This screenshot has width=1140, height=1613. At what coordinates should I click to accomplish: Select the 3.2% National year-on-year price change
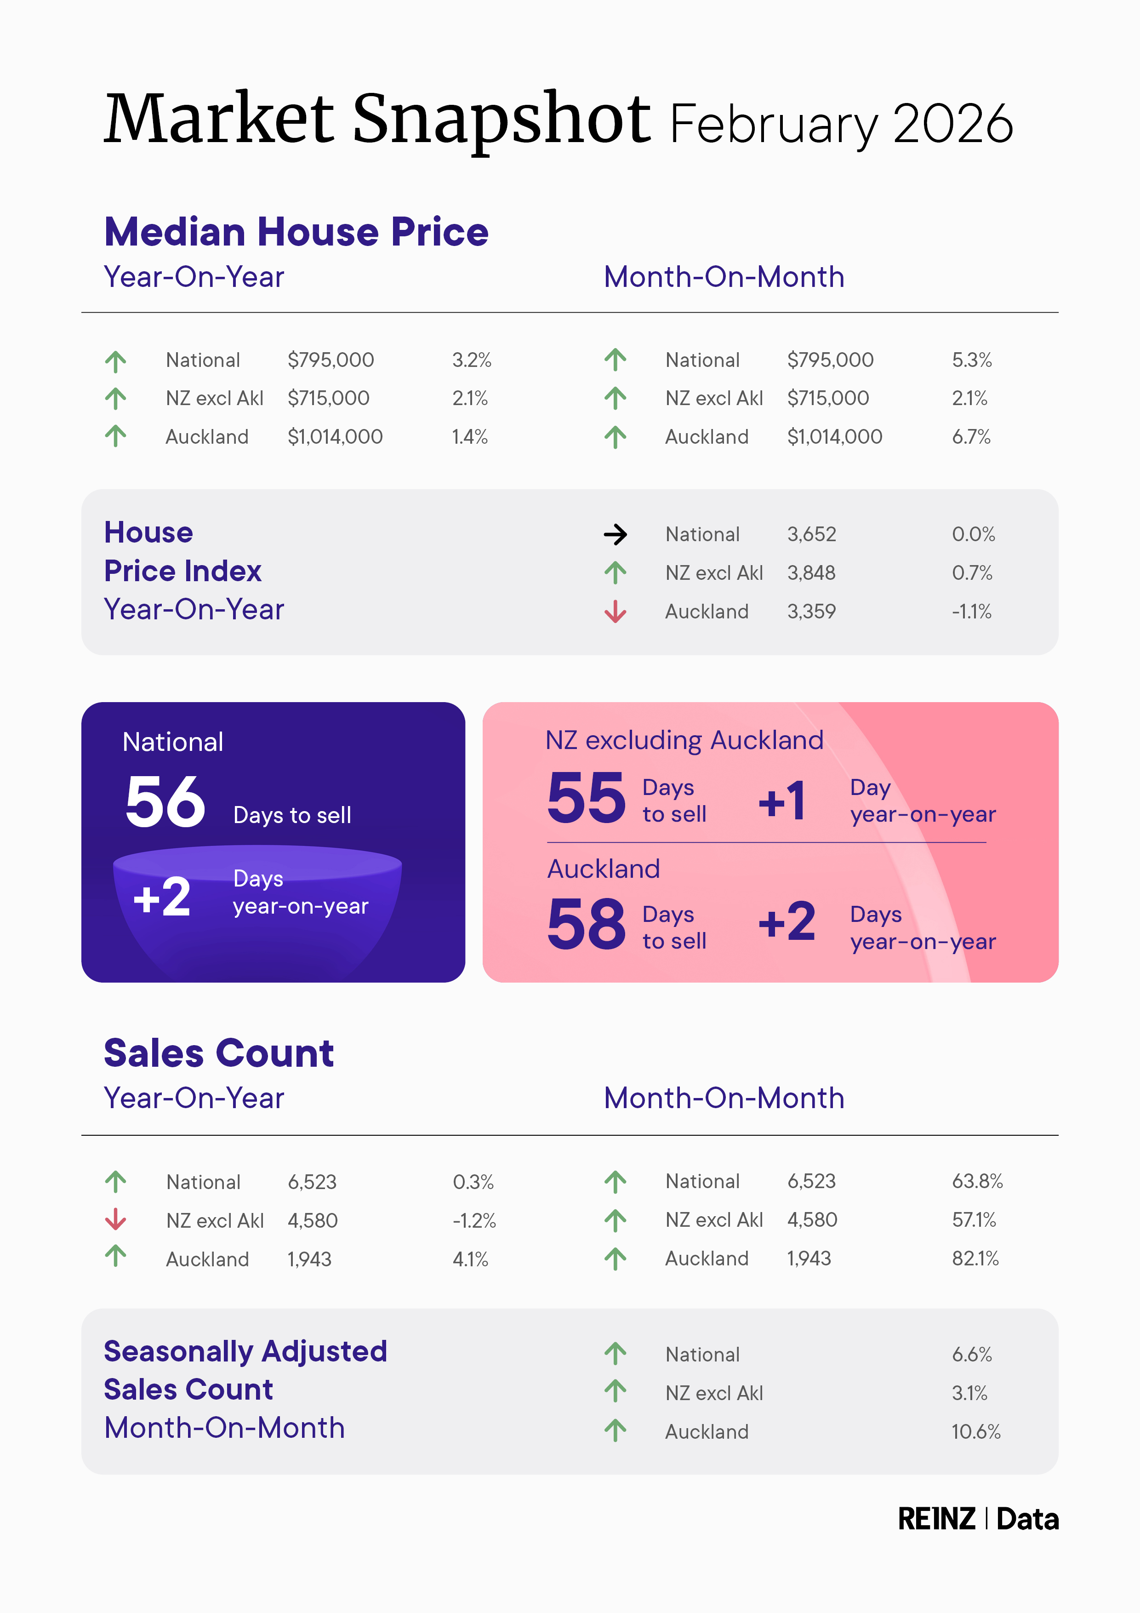tap(471, 360)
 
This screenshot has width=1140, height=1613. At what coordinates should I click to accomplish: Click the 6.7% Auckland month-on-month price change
tap(971, 437)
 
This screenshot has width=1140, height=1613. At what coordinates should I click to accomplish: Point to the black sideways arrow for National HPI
tap(616, 535)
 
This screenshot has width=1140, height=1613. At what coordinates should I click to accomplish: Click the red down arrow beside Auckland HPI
tap(616, 611)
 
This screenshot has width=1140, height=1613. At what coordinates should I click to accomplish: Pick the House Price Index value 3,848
tap(811, 573)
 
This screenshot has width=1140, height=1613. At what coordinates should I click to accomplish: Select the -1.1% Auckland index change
tap(971, 612)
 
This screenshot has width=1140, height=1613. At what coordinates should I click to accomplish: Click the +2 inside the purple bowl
tap(161, 897)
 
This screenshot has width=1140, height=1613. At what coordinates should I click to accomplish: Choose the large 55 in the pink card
tap(586, 798)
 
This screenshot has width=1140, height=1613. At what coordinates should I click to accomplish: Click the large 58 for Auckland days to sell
tap(586, 925)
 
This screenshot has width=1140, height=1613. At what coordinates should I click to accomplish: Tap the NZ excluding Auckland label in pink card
tap(684, 740)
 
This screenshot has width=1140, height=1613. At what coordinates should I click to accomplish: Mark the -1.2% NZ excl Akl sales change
tap(474, 1221)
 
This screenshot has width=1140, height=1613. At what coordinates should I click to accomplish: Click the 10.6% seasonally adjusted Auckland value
tap(975, 1432)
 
